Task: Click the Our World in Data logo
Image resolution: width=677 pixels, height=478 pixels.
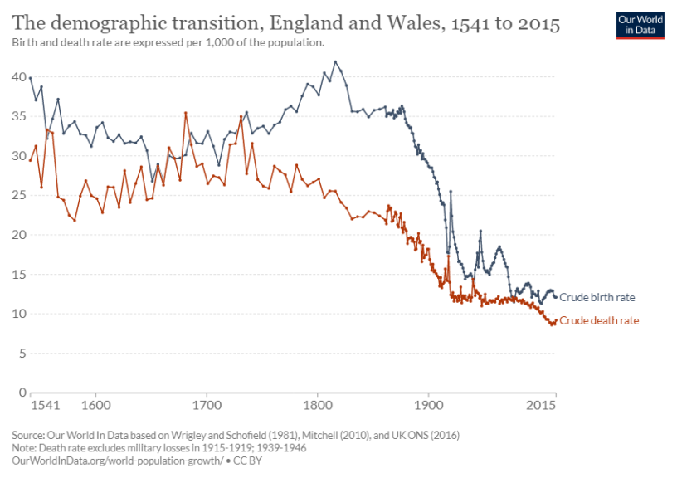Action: (640, 26)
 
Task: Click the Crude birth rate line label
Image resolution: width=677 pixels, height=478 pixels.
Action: (597, 297)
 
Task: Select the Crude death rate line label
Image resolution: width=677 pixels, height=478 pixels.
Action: (599, 320)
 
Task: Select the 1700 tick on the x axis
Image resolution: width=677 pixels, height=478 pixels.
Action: (207, 405)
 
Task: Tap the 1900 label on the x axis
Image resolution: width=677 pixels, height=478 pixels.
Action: (428, 405)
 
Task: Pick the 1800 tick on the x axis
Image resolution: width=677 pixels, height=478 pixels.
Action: (317, 405)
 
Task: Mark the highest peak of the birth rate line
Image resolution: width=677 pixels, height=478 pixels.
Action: (335, 61)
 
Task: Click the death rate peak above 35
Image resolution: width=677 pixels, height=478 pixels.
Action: (186, 113)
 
